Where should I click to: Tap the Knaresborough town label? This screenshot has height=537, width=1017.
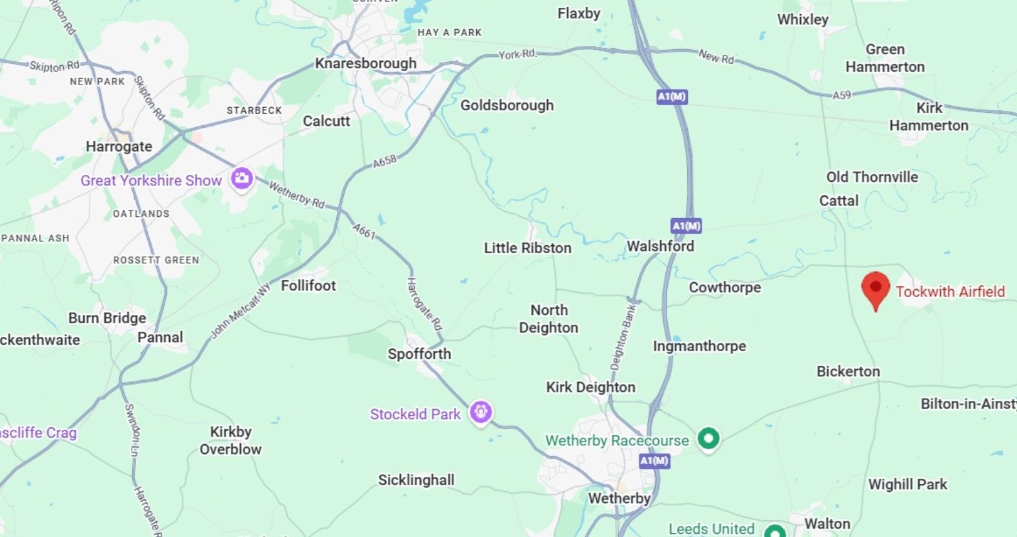(x=366, y=63)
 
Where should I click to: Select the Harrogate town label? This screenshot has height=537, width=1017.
(x=119, y=147)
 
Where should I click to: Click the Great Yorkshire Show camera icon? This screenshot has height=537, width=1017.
(x=242, y=178)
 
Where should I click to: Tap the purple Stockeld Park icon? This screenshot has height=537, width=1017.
(x=481, y=412)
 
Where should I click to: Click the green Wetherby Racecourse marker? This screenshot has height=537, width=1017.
(x=709, y=439)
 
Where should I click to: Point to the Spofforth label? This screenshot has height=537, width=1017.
(x=419, y=354)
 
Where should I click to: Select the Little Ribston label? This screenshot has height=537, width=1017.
(x=528, y=248)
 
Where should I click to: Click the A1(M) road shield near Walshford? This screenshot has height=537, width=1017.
(x=686, y=226)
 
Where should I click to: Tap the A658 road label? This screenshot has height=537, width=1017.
(x=385, y=161)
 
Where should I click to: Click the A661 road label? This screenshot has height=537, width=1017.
(x=364, y=231)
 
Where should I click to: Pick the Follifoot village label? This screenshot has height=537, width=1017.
(x=308, y=285)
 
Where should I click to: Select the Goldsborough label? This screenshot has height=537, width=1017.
(x=507, y=105)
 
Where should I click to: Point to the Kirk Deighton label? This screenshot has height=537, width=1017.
(x=590, y=387)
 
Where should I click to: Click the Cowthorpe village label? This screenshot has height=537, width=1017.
(x=725, y=287)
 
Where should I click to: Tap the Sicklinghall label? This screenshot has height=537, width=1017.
(x=416, y=480)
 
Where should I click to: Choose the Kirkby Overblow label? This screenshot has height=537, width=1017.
(x=230, y=440)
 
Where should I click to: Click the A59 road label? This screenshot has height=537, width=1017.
(x=841, y=96)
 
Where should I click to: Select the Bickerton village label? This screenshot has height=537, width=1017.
(x=848, y=371)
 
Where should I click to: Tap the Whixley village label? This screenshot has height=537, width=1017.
(x=803, y=19)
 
